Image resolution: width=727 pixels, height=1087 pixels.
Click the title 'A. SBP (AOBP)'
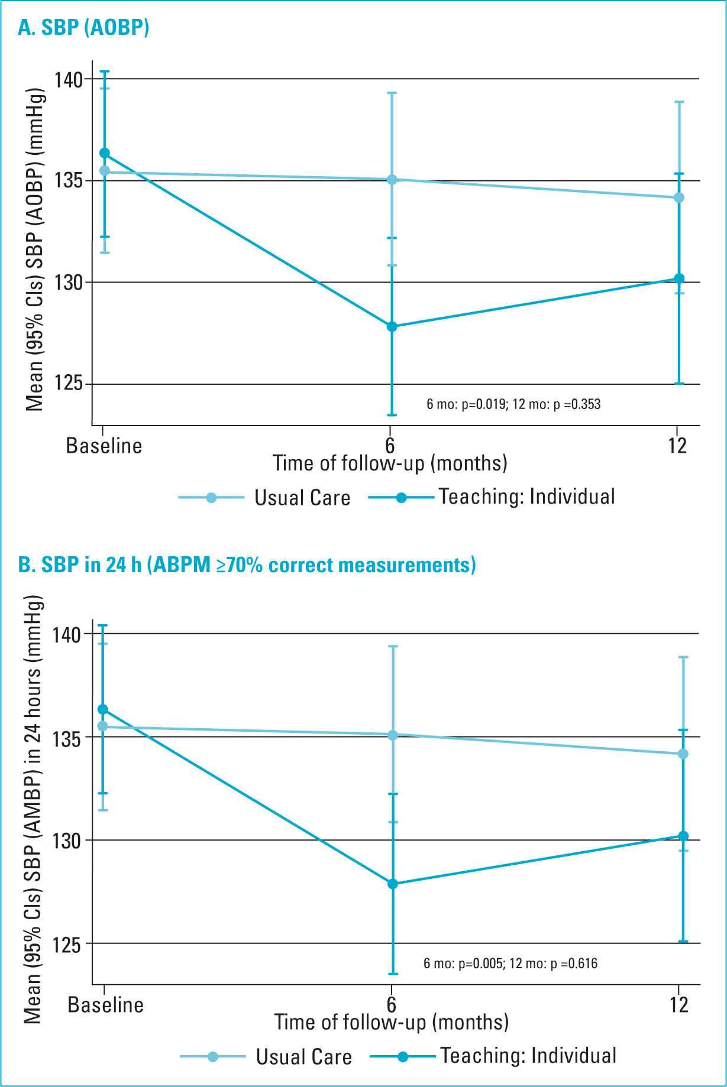coord(83,27)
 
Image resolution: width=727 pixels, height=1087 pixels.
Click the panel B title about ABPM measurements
coord(247,565)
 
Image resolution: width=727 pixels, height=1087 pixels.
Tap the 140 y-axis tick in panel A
coord(69,79)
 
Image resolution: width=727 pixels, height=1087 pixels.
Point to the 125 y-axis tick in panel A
coord(69,384)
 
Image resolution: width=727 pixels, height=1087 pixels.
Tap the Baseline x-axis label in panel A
coord(104,446)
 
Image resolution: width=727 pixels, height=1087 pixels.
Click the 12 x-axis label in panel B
coord(679,1005)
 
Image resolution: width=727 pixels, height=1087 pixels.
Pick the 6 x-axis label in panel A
coord(390,446)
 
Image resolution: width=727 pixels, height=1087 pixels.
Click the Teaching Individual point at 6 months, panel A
coord(392,326)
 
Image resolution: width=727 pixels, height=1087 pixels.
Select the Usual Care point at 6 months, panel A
coord(392,179)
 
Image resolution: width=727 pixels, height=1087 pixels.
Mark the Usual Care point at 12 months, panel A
coord(679,197)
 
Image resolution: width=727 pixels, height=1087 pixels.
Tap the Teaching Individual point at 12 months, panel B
coord(683,836)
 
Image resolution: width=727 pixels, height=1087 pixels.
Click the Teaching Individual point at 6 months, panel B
coord(393,884)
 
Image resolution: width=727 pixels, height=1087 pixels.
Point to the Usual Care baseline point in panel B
coord(103,726)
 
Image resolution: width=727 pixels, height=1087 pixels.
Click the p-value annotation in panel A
coord(513,404)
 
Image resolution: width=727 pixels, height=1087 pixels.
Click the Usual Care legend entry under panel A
coord(264,498)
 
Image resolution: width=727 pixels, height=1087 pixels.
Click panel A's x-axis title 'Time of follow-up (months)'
coord(390,463)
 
